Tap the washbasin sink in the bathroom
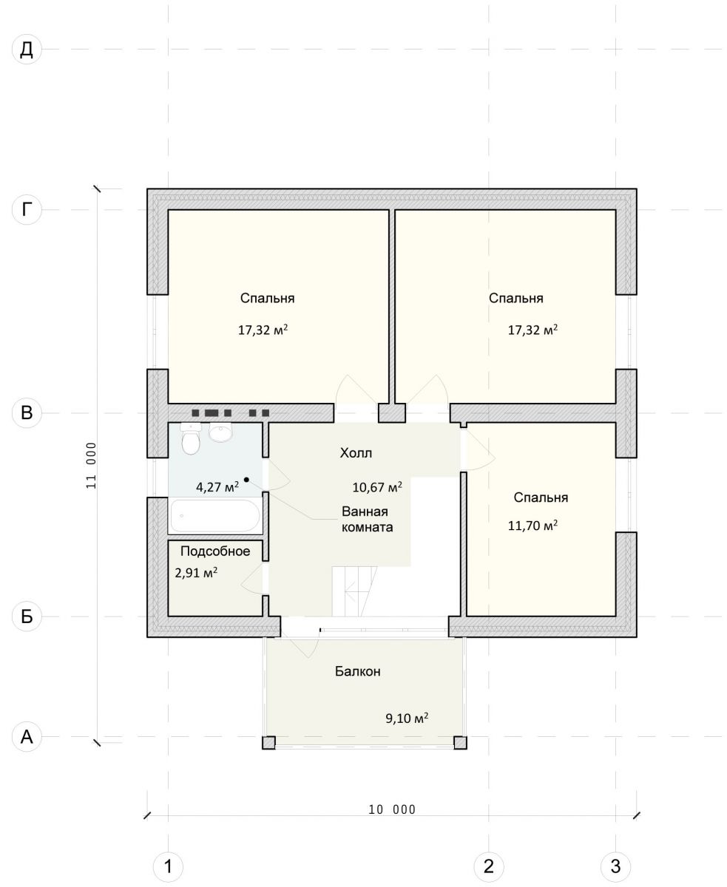(x=220, y=432)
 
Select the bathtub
(x=215, y=516)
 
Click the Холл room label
(x=356, y=453)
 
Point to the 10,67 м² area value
(x=377, y=487)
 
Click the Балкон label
(x=358, y=671)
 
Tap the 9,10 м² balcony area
(x=407, y=718)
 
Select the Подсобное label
(x=215, y=551)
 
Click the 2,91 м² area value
(x=196, y=573)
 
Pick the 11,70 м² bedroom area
(x=532, y=526)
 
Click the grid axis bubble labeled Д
(x=27, y=50)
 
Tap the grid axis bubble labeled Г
(x=27, y=209)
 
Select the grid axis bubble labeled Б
(x=27, y=616)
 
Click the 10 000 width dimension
(x=392, y=809)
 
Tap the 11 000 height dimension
(x=91, y=465)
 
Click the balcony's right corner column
(x=460, y=743)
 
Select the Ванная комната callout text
(x=367, y=520)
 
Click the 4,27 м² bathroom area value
(x=217, y=487)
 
